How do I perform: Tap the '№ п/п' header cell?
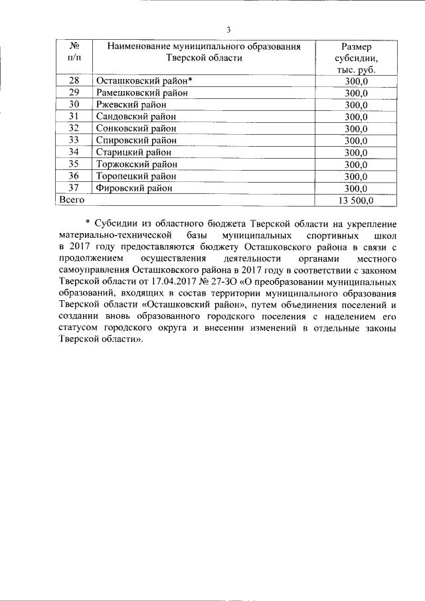(74, 52)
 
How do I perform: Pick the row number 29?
(74, 92)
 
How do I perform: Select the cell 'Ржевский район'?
(131, 104)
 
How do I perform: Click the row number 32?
(74, 128)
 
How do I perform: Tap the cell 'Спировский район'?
(136, 140)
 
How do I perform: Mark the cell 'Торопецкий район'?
(137, 176)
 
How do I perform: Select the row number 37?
(74, 188)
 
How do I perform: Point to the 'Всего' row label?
(72, 199)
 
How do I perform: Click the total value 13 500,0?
(357, 200)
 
